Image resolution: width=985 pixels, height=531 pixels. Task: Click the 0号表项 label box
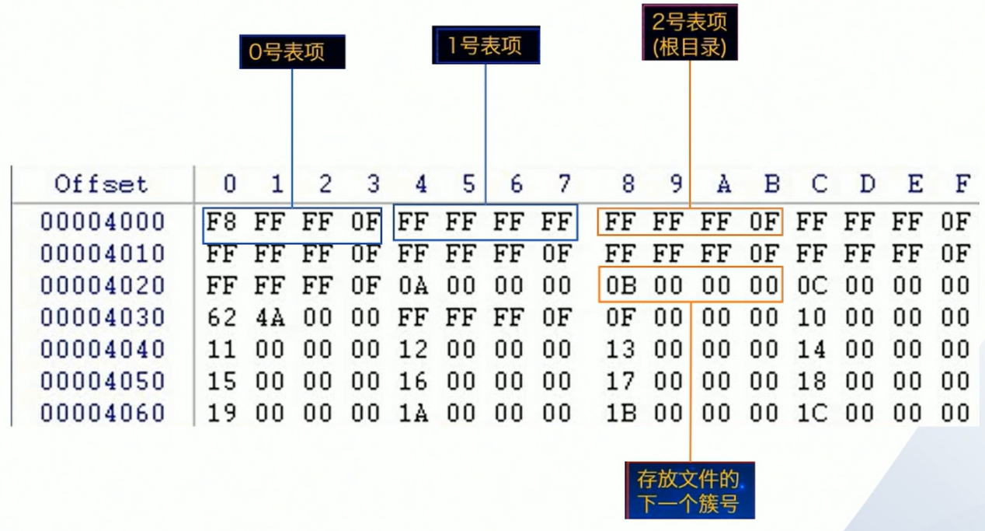coord(292,53)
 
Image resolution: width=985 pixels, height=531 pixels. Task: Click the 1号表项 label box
coord(486,47)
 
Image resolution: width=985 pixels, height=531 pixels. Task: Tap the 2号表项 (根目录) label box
coord(689,33)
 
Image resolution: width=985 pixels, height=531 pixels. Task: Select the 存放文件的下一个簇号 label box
coord(689,491)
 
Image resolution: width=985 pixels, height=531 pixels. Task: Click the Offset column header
coord(100,184)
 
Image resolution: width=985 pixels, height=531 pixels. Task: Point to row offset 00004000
coord(103,222)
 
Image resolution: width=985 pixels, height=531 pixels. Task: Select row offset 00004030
coord(103,317)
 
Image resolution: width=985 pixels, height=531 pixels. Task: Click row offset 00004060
coord(103,412)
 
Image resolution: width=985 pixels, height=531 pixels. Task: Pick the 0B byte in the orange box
coord(621,286)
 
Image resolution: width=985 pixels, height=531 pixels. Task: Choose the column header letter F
coord(962,184)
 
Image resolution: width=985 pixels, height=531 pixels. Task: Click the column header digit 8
coord(628,184)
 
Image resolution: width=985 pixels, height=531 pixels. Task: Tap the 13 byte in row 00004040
coord(621,349)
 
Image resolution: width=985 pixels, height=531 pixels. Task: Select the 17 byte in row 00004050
coord(621,381)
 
